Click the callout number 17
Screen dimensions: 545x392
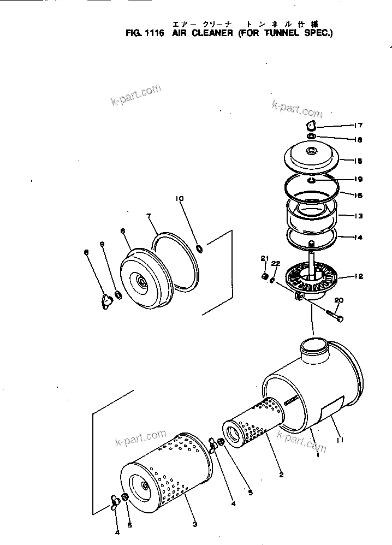(358, 125)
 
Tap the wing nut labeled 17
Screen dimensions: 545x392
(311, 126)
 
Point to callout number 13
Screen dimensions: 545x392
(358, 216)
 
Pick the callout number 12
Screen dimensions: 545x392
(358, 276)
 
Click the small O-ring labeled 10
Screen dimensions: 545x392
(200, 249)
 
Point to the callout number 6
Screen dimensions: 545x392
(123, 231)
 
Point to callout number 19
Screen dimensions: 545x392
(358, 179)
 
